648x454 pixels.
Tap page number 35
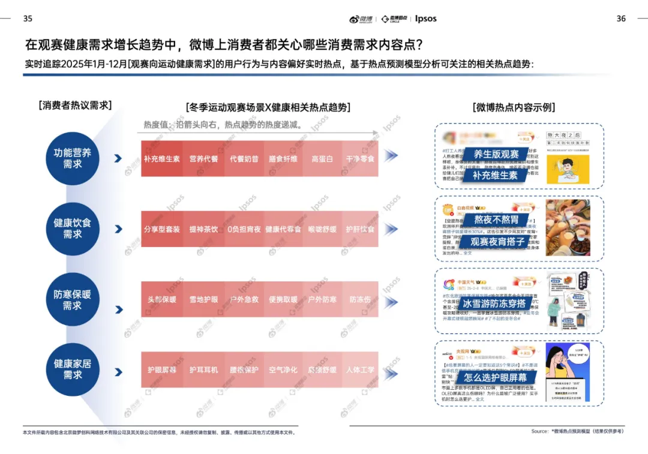(x=28, y=19)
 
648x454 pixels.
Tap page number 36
(x=621, y=19)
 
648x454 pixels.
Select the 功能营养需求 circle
(x=73, y=158)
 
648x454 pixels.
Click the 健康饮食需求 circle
(x=73, y=228)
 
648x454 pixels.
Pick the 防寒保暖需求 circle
(x=73, y=300)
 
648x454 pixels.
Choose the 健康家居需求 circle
(x=73, y=369)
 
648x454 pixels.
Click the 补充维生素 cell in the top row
(x=161, y=159)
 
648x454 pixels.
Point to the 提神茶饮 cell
(x=204, y=229)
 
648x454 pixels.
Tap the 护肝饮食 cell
(x=360, y=229)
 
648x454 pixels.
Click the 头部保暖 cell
(x=161, y=299)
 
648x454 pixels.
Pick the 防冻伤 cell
(x=360, y=299)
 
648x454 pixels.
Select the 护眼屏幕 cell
(x=161, y=370)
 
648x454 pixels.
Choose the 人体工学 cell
(x=360, y=370)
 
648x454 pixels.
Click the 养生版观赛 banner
(x=496, y=155)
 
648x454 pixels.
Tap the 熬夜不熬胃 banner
(x=496, y=220)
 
